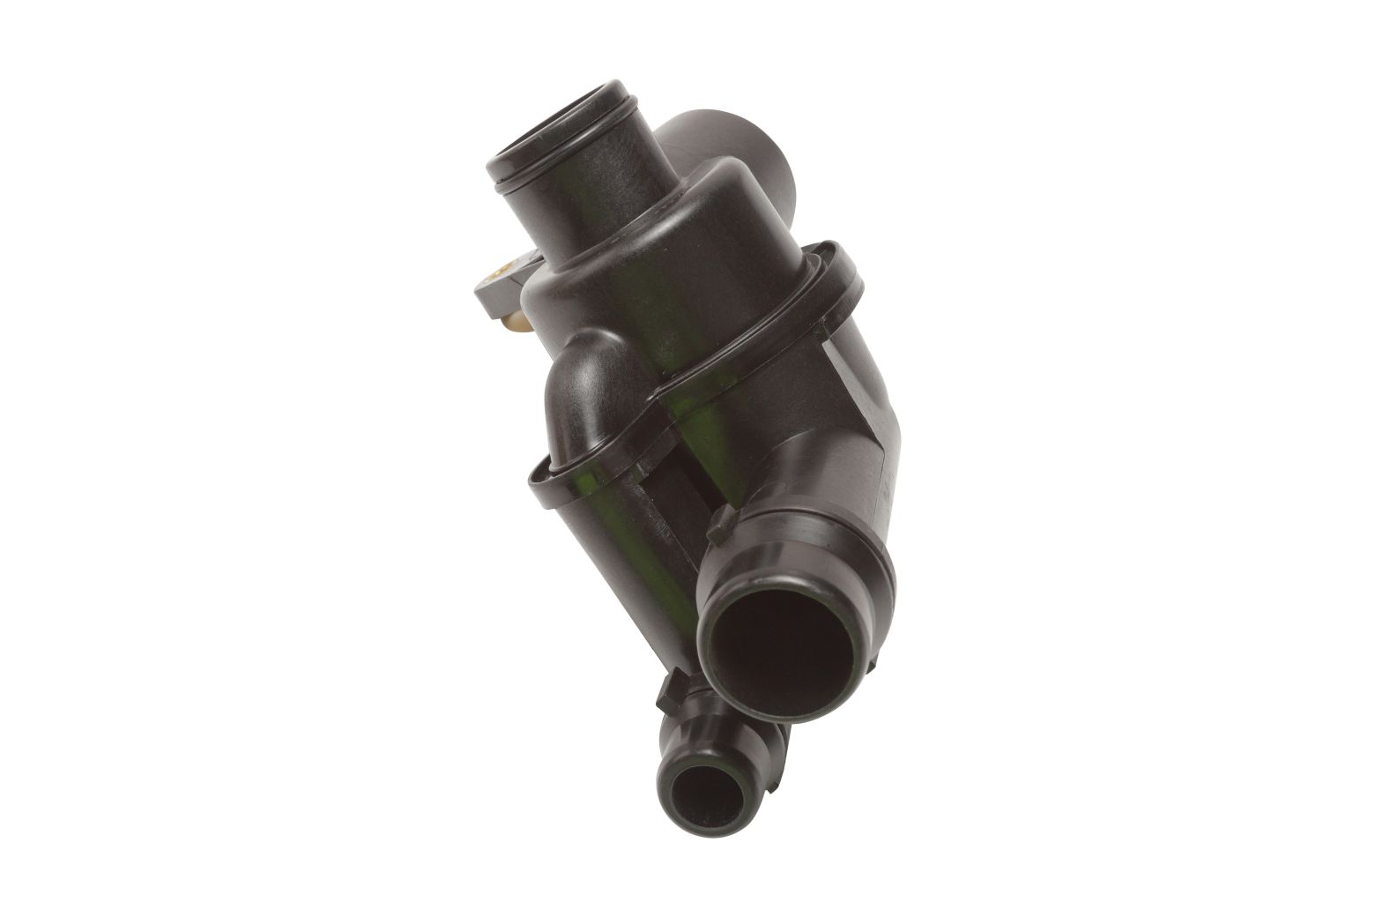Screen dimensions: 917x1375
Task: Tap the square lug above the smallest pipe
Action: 672,687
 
